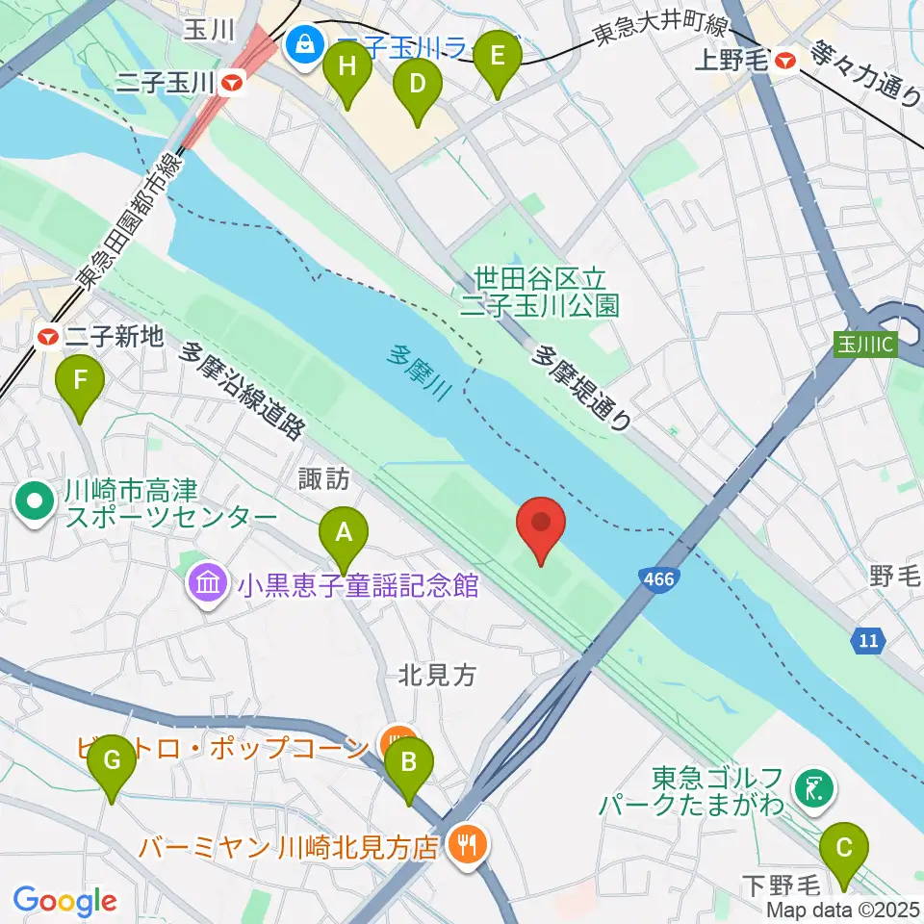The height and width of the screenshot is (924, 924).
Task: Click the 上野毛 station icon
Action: click(x=786, y=60)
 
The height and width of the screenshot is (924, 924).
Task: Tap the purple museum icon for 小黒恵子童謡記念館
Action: click(x=210, y=584)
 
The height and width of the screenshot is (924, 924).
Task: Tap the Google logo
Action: click(x=64, y=901)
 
